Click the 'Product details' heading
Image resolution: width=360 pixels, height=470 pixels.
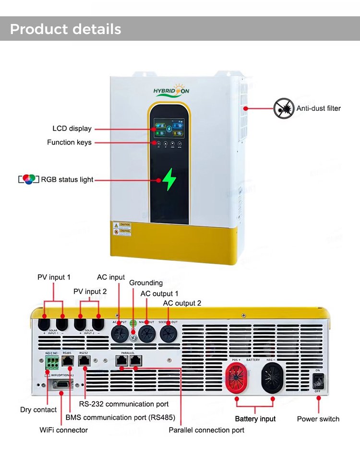66,29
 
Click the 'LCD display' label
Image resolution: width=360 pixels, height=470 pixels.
72,129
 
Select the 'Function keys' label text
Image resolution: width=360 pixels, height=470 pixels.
69,142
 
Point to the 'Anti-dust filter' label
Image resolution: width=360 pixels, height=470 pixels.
318,108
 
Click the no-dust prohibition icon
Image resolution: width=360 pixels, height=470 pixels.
283,109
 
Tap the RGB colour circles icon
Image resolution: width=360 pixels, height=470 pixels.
28,180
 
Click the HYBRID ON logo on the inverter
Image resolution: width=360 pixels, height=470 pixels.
171,91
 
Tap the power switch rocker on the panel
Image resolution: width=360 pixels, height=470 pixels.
318,381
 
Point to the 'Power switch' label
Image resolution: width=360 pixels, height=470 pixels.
318,419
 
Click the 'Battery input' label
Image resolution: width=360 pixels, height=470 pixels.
255,419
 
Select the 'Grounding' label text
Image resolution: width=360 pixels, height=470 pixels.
146,283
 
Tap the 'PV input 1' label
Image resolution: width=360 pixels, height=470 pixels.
54,277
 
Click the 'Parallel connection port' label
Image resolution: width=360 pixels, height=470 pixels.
206,430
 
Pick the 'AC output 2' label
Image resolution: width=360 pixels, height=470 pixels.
182,303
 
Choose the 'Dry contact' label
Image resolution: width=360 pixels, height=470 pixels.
38,410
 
